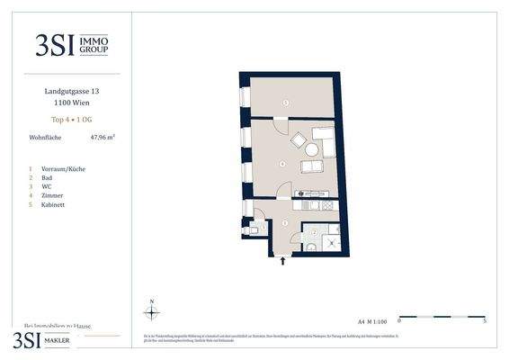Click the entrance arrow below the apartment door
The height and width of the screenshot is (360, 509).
(x=284, y=262)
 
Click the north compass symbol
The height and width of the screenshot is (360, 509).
(x=153, y=312)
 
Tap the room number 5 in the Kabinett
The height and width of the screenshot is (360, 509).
(x=286, y=103)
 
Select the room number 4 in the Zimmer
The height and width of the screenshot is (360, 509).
(x=282, y=164)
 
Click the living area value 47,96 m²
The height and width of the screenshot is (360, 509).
(x=102, y=138)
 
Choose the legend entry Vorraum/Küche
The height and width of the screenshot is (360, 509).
(x=64, y=168)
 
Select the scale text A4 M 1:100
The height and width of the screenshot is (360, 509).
(x=372, y=320)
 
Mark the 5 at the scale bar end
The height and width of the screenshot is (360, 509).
(x=485, y=321)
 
